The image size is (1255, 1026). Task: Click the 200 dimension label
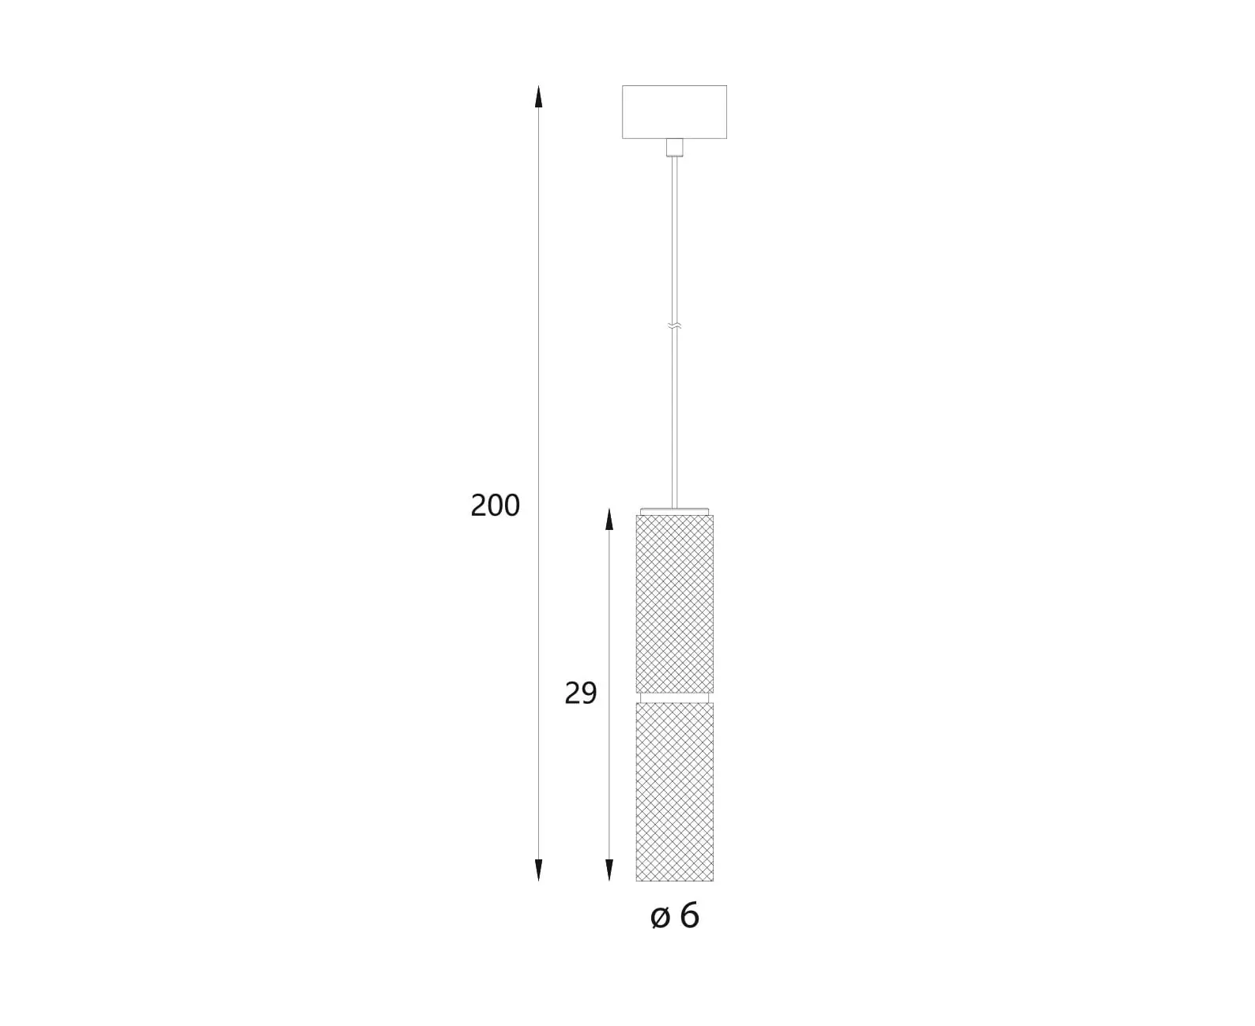tap(495, 505)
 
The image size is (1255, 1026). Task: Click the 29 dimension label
tap(580, 693)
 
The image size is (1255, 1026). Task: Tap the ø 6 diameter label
tap(675, 915)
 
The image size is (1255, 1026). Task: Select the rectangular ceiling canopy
tap(674, 112)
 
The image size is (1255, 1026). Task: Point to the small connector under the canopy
tap(674, 148)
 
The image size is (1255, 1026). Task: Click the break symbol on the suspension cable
tap(674, 326)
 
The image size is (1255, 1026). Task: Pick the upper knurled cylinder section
tap(674, 603)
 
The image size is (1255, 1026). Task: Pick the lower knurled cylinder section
tap(674, 791)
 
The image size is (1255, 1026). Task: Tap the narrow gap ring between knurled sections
tap(674, 697)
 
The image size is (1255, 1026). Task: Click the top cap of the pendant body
tap(674, 512)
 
